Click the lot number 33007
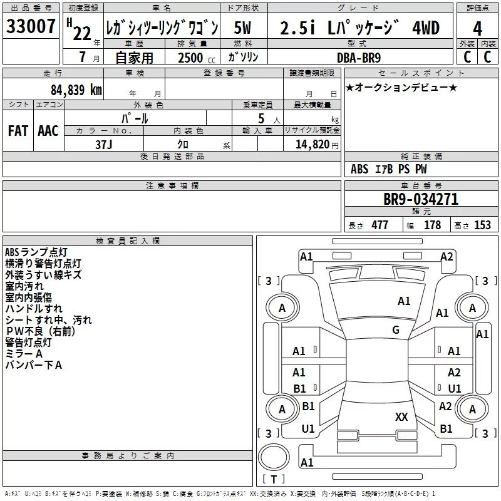pyautogui.click(x=31, y=26)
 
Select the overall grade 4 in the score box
pyautogui.click(x=477, y=28)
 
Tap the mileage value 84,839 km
pyautogui.click(x=76, y=90)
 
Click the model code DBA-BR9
pyautogui.click(x=359, y=58)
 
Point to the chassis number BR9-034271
pyautogui.click(x=421, y=199)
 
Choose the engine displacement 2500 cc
pyautogui.click(x=197, y=58)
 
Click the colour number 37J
pyautogui.click(x=104, y=145)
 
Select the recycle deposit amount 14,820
pyautogui.click(x=312, y=145)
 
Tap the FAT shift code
pyautogui.click(x=18, y=131)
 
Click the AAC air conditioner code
pyautogui.click(x=48, y=131)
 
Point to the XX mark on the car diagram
pyautogui.click(x=401, y=416)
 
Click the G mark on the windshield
pyautogui.click(x=396, y=330)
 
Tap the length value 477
pyautogui.click(x=380, y=225)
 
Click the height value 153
pyautogui.click(x=482, y=225)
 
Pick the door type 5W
pyautogui.click(x=243, y=28)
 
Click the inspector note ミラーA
pyautogui.click(x=24, y=354)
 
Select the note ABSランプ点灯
pyautogui.click(x=36, y=252)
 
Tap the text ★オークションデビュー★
pyautogui.click(x=401, y=87)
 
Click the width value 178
pyautogui.click(x=432, y=225)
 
